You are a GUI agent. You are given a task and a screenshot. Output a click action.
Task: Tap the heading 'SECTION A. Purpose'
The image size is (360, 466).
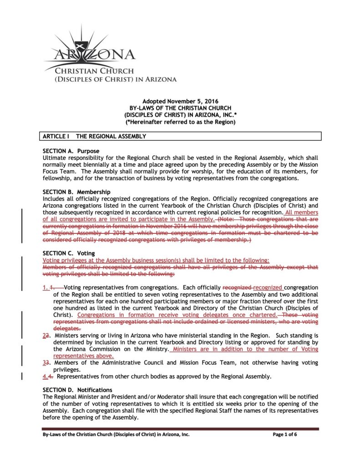pyautogui.click(x=71, y=151)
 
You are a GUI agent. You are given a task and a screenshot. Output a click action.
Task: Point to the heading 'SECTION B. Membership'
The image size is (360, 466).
pyautogui.click(x=76, y=192)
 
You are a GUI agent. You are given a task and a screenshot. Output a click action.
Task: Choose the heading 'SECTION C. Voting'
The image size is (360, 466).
pyautogui.click(x=69, y=253)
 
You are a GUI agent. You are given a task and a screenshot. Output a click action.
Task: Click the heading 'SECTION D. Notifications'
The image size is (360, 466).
pyautogui.click(x=77, y=390)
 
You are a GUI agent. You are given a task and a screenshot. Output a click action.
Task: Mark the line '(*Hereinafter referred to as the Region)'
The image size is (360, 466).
pyautogui.click(x=181, y=122)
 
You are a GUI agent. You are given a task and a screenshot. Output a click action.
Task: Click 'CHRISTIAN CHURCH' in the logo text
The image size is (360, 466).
pyautogui.click(x=94, y=71)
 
